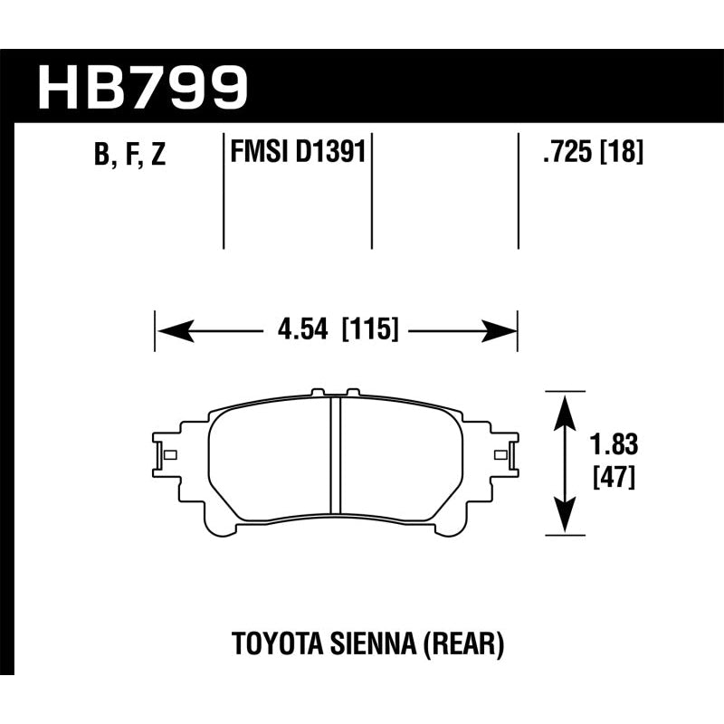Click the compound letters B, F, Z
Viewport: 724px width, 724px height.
(x=129, y=155)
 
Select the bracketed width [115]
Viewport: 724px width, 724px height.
(x=370, y=329)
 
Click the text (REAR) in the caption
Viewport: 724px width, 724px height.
(x=453, y=645)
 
